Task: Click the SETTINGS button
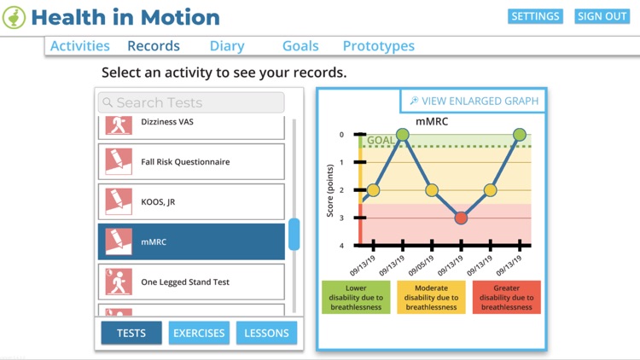535,16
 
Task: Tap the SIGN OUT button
602,16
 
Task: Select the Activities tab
79,46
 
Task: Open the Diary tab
227,46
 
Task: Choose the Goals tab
300,46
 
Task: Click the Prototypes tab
378,46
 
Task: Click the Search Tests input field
191,102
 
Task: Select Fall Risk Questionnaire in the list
191,162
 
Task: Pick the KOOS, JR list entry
191,202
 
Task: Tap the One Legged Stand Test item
191,282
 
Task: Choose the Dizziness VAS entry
191,125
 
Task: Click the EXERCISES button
199,333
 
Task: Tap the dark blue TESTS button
131,333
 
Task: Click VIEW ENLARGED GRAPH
474,101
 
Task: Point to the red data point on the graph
461,218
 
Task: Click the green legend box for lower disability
356,297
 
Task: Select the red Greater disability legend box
506,297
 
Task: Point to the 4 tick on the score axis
341,246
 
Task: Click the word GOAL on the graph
381,140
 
